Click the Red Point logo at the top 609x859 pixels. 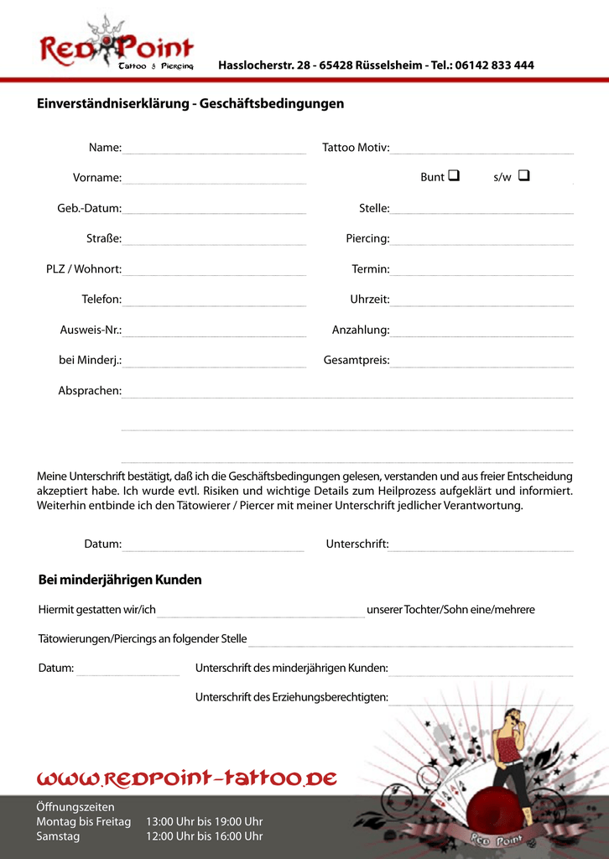(116, 46)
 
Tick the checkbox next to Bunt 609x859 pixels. (454, 176)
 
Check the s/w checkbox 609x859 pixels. (523, 176)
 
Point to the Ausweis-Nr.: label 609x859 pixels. (91, 330)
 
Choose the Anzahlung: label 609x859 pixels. (361, 330)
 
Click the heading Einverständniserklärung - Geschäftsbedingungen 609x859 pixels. (190, 104)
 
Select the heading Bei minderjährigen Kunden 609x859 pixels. (120, 580)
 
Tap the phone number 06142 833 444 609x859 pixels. (494, 65)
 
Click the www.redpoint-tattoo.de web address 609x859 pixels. (186, 779)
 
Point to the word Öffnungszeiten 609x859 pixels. (75, 807)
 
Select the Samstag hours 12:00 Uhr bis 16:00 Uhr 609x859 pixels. (205, 836)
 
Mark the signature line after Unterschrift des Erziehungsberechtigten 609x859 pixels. (481, 702)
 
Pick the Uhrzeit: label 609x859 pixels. (370, 299)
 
